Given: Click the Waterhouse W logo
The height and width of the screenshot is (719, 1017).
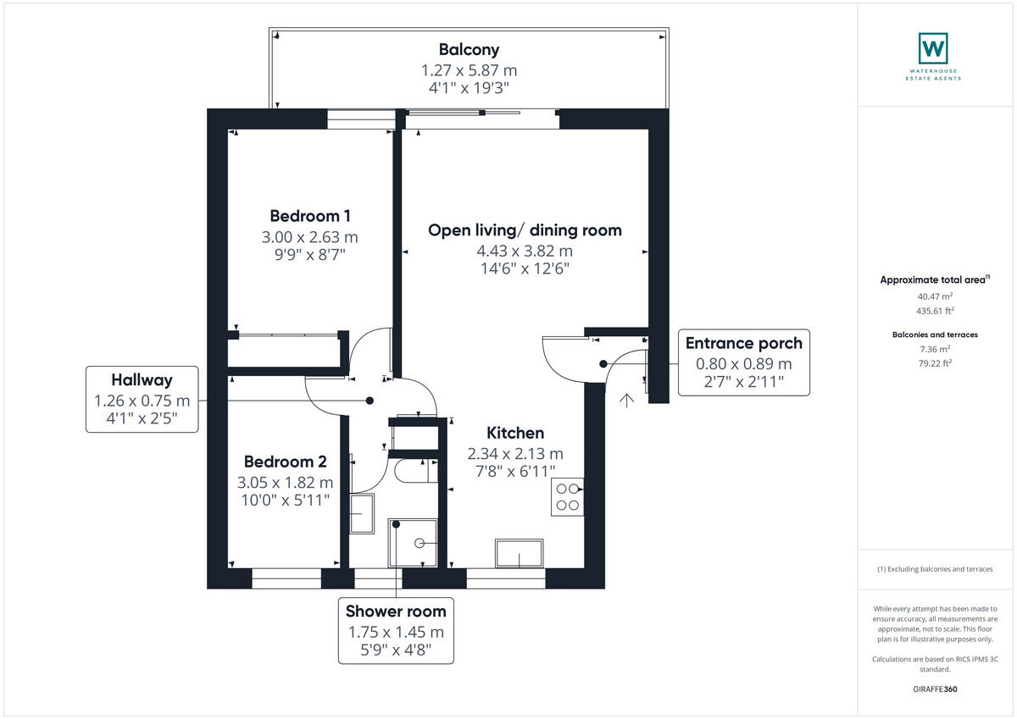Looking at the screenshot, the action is pyautogui.click(x=933, y=48).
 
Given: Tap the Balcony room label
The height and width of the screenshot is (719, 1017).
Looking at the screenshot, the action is pyautogui.click(x=469, y=49).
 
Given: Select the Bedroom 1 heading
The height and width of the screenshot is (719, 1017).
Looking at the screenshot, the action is pyautogui.click(x=310, y=216).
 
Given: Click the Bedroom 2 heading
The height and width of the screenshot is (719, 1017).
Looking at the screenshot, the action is pyautogui.click(x=285, y=462).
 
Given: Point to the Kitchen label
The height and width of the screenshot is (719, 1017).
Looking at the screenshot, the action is pyautogui.click(x=515, y=433).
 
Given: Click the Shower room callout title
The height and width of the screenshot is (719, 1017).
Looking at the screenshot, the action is pyautogui.click(x=396, y=611).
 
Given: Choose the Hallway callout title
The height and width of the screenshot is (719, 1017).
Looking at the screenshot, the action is pyautogui.click(x=142, y=380).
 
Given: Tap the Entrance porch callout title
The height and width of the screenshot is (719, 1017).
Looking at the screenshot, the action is pyautogui.click(x=744, y=343).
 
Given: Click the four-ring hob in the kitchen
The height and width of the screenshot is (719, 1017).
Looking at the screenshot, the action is pyautogui.click(x=568, y=497).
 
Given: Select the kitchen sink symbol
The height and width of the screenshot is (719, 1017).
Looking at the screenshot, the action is pyautogui.click(x=519, y=553).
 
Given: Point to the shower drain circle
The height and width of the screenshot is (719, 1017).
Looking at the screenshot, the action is pyautogui.click(x=420, y=543).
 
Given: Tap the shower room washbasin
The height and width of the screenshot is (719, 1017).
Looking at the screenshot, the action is pyautogui.click(x=362, y=513).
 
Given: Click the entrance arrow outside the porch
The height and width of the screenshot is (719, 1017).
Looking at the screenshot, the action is pyautogui.click(x=626, y=401).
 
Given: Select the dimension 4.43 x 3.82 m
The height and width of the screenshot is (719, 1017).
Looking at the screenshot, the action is pyautogui.click(x=525, y=251).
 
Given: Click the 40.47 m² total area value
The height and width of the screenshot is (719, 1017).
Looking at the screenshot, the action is pyautogui.click(x=935, y=296).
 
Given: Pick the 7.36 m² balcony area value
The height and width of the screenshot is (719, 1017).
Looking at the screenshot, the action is pyautogui.click(x=935, y=349).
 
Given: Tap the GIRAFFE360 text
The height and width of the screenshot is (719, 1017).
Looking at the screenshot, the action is pyautogui.click(x=935, y=689).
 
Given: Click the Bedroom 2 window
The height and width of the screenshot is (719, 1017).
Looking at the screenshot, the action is pyautogui.click(x=286, y=578).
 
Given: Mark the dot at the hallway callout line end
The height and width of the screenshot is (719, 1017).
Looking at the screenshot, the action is pyautogui.click(x=370, y=401).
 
